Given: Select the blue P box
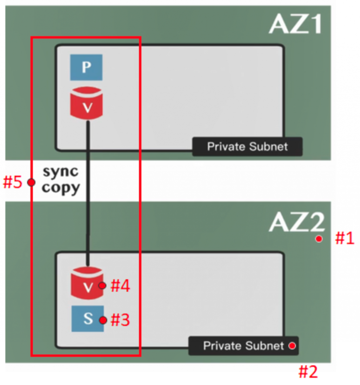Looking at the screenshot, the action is click(x=86, y=67).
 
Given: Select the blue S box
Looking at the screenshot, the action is click(x=88, y=318).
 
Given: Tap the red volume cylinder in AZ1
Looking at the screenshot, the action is click(x=86, y=104).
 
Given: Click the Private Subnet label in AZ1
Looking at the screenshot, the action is click(x=247, y=146).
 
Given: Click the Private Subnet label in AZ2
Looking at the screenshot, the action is click(x=243, y=346).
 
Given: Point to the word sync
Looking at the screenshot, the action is click(x=60, y=172).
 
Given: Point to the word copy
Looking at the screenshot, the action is click(x=60, y=188).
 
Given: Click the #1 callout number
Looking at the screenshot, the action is click(x=345, y=239).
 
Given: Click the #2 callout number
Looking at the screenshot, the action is click(x=308, y=372).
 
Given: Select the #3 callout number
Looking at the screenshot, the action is click(x=120, y=320).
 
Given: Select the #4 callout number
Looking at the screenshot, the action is click(x=120, y=286).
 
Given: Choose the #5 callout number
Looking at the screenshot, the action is click(x=13, y=182).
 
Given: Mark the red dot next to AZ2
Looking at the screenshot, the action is click(x=319, y=239).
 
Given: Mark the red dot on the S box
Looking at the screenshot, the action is click(x=103, y=320).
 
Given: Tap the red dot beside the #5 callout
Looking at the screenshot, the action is click(x=31, y=182).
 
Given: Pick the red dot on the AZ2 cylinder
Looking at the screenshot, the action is click(x=102, y=286).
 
